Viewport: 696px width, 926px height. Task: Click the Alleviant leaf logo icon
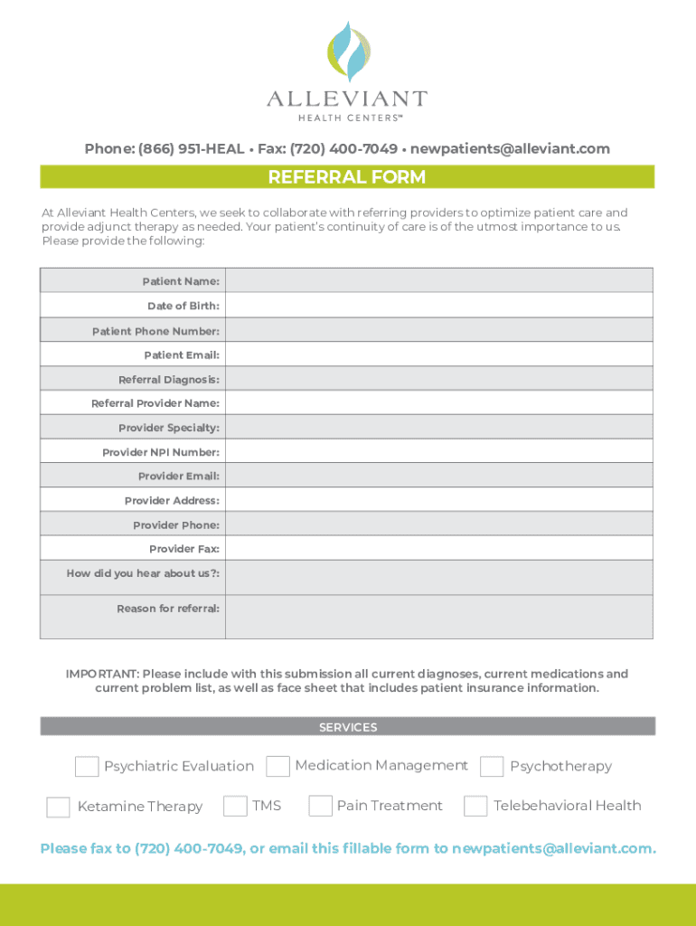(x=347, y=52)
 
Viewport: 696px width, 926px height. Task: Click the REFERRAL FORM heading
(x=347, y=177)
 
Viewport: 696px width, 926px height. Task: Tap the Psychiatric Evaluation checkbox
(x=87, y=767)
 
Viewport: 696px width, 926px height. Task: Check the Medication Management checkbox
(x=278, y=766)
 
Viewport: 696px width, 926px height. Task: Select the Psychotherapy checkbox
(x=492, y=767)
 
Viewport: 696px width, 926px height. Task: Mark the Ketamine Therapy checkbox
(x=58, y=807)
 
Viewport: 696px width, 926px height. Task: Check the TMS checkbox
(x=235, y=806)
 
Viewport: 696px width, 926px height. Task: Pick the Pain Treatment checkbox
(x=320, y=806)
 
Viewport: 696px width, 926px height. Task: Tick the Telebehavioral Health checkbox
(x=475, y=806)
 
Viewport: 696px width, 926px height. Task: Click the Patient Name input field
(x=438, y=281)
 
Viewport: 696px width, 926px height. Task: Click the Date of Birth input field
(x=438, y=306)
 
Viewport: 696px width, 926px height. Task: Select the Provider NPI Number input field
(x=438, y=451)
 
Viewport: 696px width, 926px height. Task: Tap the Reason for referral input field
(x=438, y=617)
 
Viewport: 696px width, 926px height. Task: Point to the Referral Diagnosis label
(x=169, y=379)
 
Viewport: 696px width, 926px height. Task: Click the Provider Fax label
(x=184, y=549)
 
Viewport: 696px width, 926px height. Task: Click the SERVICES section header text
(x=348, y=727)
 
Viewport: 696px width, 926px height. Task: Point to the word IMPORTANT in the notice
(x=101, y=675)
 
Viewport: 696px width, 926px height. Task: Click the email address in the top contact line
(x=510, y=148)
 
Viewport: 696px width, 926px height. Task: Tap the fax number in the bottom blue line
(x=187, y=848)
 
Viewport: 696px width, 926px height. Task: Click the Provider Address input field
(x=438, y=500)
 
